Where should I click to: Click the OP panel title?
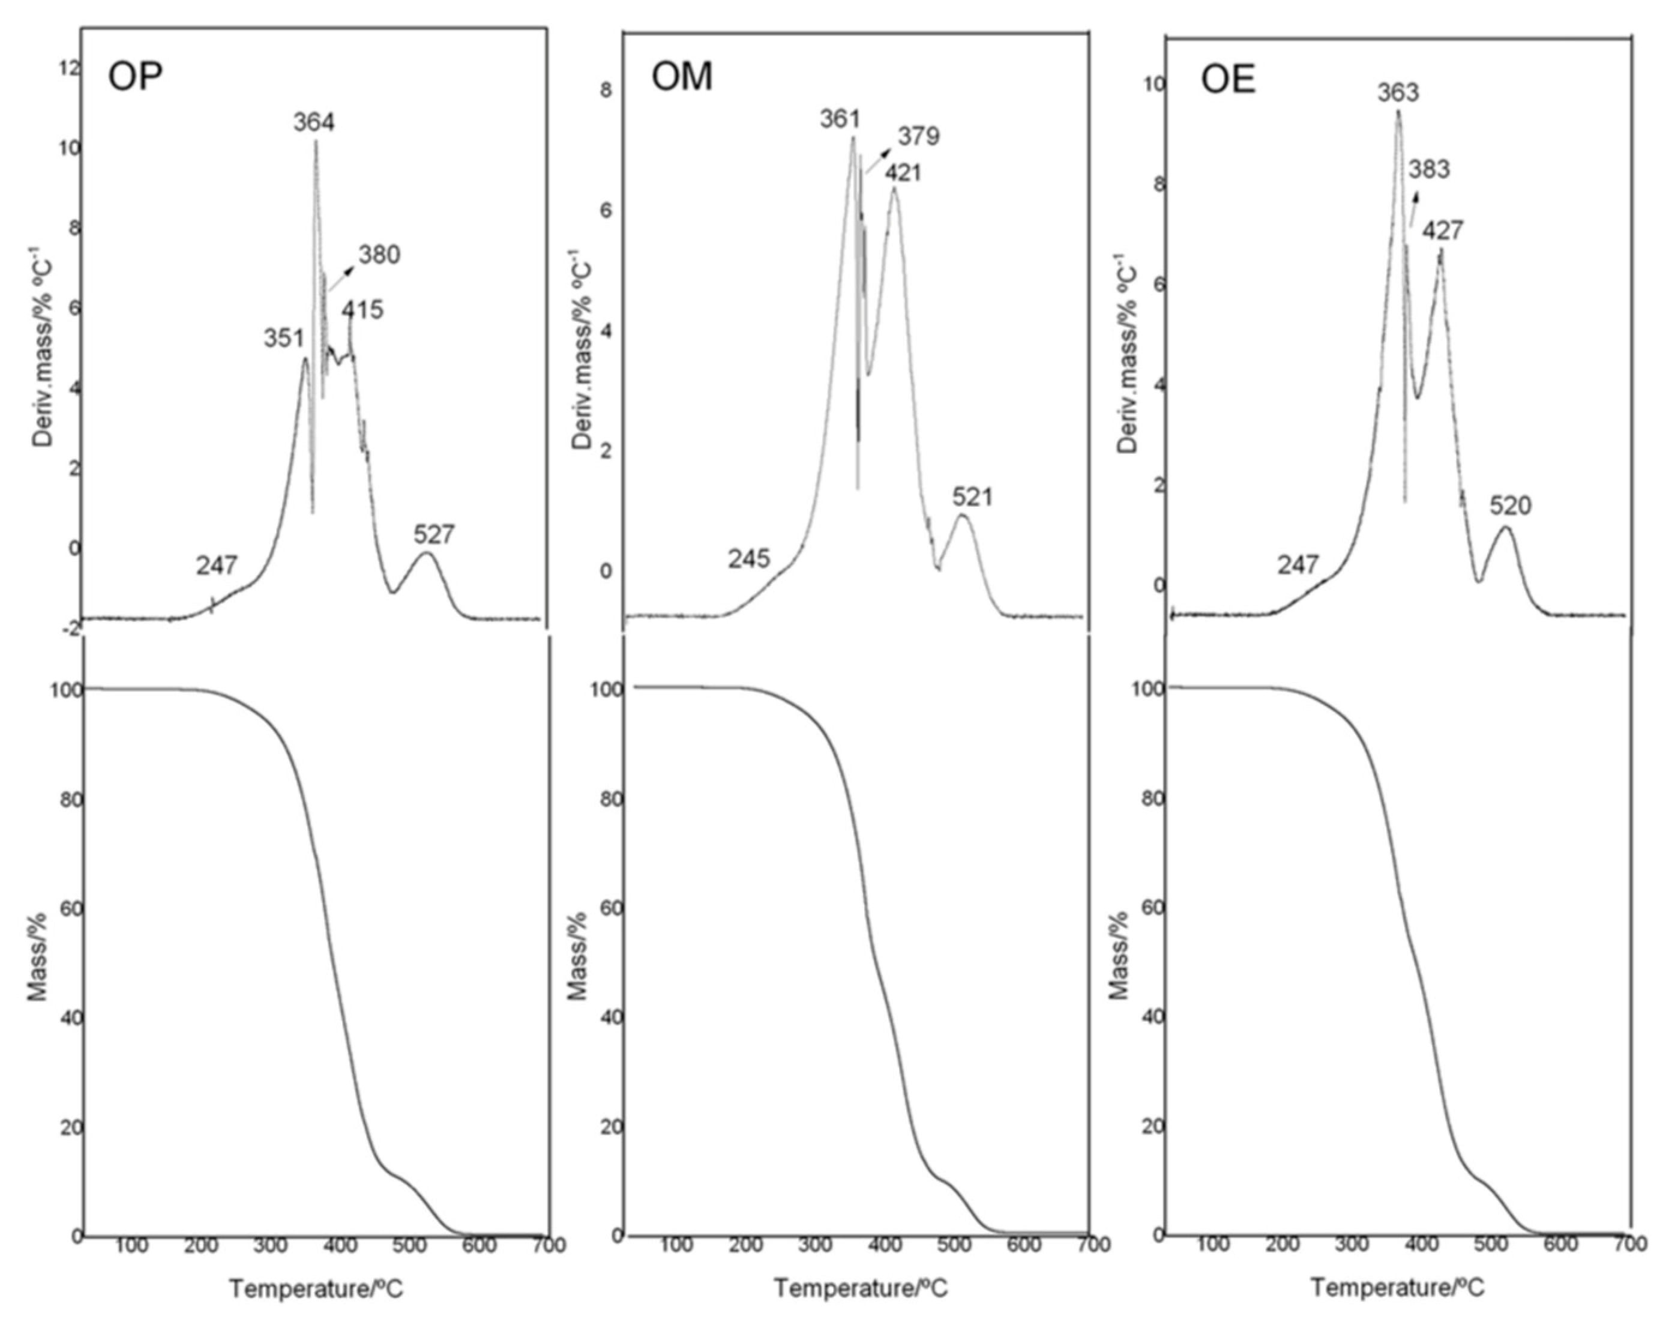coord(135,77)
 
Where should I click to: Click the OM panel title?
coord(681,77)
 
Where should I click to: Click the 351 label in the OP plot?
coord(284,337)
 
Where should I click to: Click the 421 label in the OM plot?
coord(902,173)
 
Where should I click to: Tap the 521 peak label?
coord(973,497)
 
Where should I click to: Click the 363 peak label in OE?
coord(1398,93)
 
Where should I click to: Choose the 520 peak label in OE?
coord(1510,506)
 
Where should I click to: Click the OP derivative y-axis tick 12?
coord(69,68)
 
